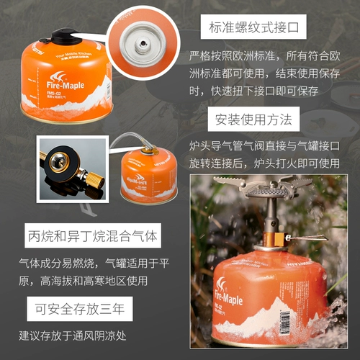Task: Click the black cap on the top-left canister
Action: [x=63, y=34]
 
